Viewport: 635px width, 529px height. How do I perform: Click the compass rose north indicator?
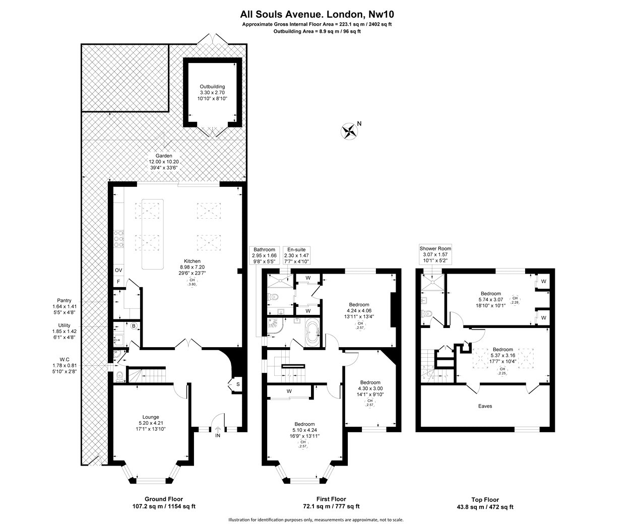349,131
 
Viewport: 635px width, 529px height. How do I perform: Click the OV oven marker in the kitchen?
118,270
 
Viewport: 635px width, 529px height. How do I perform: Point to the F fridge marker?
118,282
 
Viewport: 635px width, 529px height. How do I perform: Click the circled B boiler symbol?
134,326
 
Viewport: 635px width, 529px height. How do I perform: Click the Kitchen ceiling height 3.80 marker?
192,282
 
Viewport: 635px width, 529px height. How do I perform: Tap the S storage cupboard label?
238,384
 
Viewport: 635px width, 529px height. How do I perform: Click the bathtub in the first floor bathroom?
311,333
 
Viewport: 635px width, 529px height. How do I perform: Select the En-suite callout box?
296,255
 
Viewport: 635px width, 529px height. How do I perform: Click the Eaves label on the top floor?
485,406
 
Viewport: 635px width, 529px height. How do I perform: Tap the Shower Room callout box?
435,254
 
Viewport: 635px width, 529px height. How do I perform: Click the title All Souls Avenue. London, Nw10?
317,14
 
